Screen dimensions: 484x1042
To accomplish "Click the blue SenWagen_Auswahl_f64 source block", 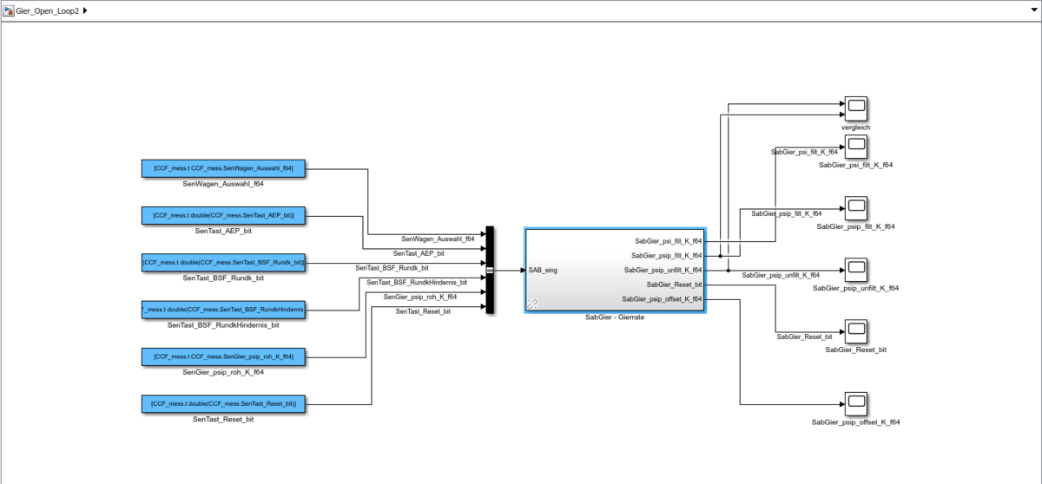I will (223, 168).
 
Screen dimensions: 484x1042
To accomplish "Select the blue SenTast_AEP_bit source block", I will (223, 215).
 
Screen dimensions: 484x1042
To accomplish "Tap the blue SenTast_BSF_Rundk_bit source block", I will (223, 262).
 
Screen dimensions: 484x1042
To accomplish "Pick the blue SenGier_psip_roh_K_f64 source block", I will (223, 356).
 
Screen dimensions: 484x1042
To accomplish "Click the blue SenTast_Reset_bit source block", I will (223, 403).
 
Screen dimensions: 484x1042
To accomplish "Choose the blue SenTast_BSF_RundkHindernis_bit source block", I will (223, 309).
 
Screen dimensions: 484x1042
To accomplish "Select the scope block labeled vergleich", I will (855, 108).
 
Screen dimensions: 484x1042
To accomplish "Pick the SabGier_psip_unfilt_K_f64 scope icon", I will (855, 270).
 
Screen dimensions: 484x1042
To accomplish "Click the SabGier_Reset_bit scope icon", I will (855, 331).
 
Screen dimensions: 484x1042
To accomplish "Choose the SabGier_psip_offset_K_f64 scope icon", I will (855, 403).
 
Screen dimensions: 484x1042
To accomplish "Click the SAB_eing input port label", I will (544, 271).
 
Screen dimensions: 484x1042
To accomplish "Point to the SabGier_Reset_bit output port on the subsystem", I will (675, 285).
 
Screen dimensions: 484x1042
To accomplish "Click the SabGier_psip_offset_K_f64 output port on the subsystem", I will (662, 299).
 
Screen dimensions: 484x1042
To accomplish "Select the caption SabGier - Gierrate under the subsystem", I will (615, 317).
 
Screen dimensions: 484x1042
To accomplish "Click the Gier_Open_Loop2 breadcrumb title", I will (48, 10).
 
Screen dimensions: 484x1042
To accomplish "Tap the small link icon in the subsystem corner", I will (532, 304).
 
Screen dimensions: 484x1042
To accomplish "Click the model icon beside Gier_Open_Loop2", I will (8, 10).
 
